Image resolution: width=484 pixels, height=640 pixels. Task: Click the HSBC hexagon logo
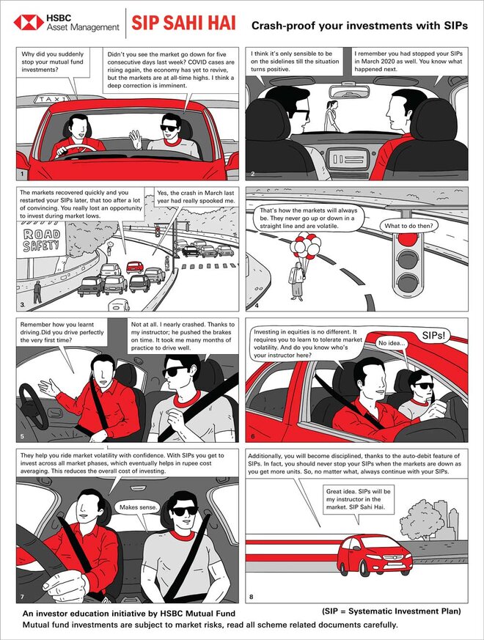pyautogui.click(x=28, y=23)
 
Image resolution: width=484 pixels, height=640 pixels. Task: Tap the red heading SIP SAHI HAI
pyautogui.click(x=183, y=23)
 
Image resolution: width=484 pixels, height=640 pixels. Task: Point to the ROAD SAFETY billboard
pyautogui.click(x=41, y=240)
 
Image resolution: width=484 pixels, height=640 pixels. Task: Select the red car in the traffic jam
pyautogui.click(x=135, y=267)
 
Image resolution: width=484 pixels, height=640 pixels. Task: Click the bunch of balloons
pyautogui.click(x=306, y=246)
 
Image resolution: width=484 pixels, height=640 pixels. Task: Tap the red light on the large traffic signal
pyautogui.click(x=407, y=238)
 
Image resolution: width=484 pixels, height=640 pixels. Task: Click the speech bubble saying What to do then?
pyautogui.click(x=408, y=226)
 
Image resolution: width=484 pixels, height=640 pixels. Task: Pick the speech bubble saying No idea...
pyautogui.click(x=392, y=343)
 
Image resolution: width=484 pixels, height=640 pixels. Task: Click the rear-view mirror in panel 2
pyautogui.click(x=349, y=92)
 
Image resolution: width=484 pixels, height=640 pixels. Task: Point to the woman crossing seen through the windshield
pyautogui.click(x=331, y=117)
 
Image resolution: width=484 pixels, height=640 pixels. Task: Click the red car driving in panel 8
pyautogui.click(x=375, y=554)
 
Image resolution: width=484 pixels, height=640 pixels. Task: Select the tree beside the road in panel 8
pyautogui.click(x=421, y=518)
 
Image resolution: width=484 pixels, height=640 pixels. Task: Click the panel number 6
pyautogui.click(x=253, y=437)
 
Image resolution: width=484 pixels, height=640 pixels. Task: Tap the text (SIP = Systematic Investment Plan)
pyautogui.click(x=392, y=611)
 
